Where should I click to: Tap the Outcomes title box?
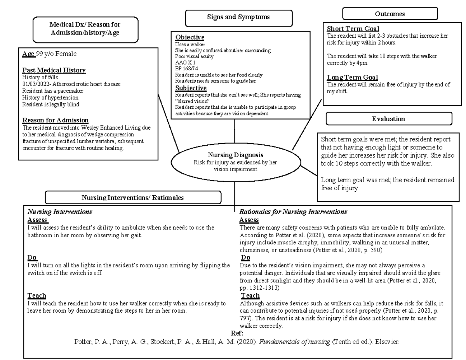coord(389,14)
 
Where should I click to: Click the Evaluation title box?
coord(388,119)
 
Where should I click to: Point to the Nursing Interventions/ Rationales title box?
coord(133,198)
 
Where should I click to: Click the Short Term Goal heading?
coord(353,29)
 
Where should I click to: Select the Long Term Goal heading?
coord(352,77)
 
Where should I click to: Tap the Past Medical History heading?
coord(54,70)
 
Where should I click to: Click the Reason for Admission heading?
coord(55,120)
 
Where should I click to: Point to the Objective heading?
coord(190,37)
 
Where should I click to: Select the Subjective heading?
coord(191,88)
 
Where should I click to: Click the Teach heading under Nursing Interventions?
coord(37,296)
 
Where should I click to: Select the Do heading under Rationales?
coord(245,258)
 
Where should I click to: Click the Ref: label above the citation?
coord(236,334)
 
